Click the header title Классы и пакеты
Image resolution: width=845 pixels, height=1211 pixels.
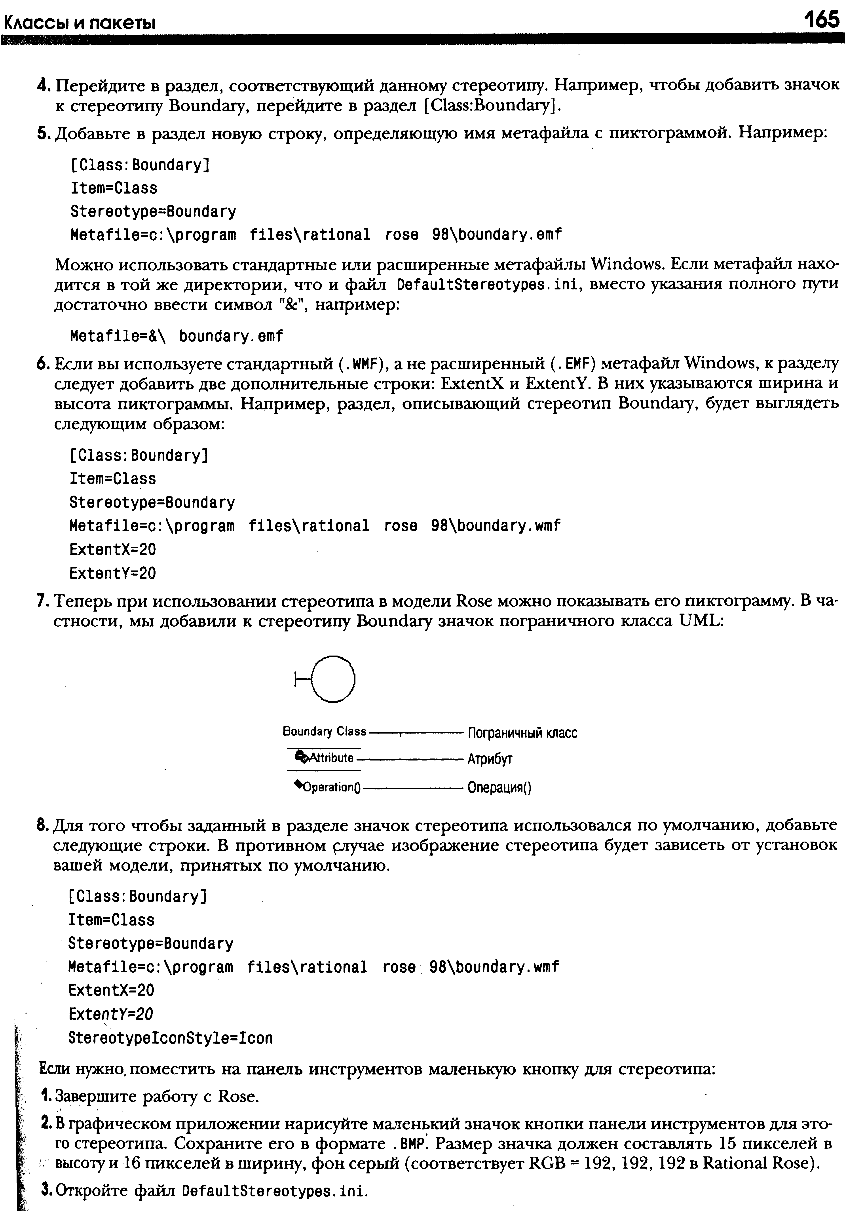click(79, 23)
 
